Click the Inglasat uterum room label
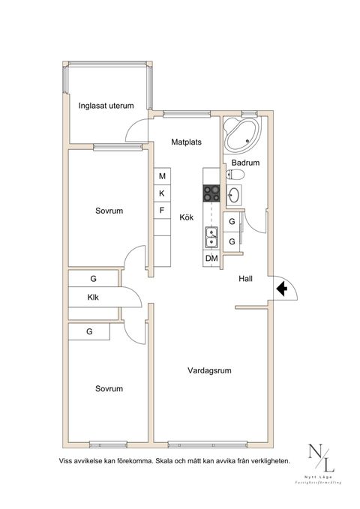[106, 106]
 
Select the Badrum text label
[245, 162]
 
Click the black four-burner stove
[211, 193]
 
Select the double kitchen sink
[211, 237]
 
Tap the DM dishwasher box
[211, 259]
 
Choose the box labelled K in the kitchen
[162, 193]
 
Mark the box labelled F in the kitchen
[162, 211]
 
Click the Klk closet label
[93, 298]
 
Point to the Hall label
[245, 279]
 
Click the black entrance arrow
[282, 289]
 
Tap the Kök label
[186, 217]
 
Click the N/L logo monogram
[318, 458]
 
